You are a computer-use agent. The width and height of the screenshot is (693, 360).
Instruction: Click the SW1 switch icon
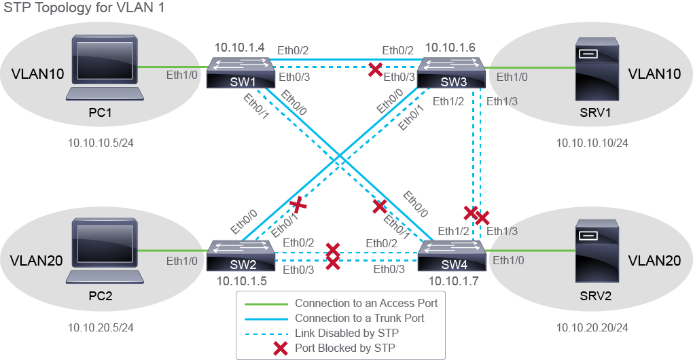coord(241,73)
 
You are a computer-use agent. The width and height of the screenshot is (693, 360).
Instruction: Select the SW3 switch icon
coord(451,73)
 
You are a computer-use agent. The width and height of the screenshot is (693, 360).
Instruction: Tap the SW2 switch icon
coord(241,256)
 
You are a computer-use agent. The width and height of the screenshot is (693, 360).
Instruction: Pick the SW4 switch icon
coord(451,256)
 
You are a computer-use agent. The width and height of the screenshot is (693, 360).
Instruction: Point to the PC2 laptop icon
coord(105,251)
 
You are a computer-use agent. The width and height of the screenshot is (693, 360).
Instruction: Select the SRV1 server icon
coord(597,69)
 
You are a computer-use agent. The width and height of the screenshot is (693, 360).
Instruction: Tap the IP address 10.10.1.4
coord(240,48)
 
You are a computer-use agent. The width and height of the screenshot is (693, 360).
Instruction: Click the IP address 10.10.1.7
coord(453,281)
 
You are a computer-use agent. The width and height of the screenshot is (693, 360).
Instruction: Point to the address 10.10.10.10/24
coord(592,143)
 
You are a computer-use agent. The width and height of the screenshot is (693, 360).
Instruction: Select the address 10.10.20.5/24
coord(101,327)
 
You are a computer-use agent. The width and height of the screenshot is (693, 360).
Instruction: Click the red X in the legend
coord(281,348)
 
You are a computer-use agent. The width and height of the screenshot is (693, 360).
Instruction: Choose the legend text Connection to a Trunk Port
coord(359,318)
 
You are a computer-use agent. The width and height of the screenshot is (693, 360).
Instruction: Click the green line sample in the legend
coord(266,304)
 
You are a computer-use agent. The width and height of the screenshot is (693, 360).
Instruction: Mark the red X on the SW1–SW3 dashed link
coord(375,69)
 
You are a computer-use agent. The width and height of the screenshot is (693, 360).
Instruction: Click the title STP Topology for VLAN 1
coord(84,8)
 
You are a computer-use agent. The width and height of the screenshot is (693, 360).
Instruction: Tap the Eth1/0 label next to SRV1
coord(512,77)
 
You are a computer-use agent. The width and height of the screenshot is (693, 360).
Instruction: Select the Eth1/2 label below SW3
coord(448,102)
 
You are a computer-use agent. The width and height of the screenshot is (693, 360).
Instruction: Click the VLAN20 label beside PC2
coord(36,261)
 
